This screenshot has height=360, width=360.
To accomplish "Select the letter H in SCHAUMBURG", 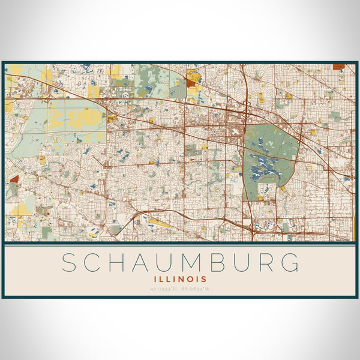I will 124,263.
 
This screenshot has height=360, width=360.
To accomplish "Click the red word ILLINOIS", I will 180,279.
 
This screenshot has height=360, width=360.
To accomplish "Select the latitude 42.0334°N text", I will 164,289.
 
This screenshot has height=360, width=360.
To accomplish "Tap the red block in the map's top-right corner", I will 338,67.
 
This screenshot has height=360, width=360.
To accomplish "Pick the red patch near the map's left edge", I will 14,179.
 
